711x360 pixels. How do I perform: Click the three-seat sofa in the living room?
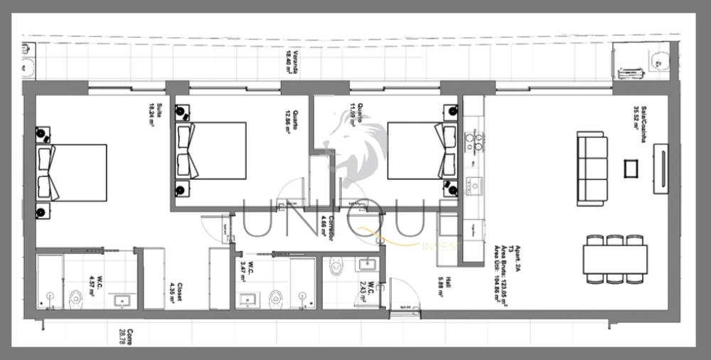592,169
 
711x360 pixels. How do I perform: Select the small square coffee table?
631,169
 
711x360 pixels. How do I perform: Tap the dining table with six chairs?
615,259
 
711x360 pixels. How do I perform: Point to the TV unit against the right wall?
661,169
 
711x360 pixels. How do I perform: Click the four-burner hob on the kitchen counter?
474,142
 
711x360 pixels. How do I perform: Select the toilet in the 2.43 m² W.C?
336,268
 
